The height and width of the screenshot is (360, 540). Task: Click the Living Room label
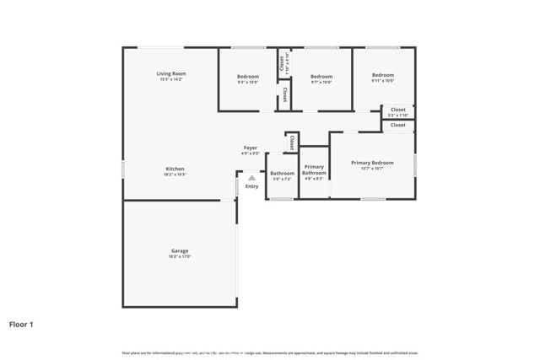point(170,74)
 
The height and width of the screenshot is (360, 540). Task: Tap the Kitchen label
point(175,169)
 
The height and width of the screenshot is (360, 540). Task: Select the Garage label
point(180,250)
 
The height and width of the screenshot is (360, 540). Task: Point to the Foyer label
point(251,148)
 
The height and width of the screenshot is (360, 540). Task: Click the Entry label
point(251,186)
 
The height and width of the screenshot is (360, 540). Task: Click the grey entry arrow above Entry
point(251,177)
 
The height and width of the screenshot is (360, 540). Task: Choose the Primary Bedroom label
point(371,162)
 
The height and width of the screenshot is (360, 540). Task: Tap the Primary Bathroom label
point(314,169)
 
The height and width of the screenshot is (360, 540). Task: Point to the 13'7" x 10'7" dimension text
point(371,169)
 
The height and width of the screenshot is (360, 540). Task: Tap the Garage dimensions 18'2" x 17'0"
point(180,256)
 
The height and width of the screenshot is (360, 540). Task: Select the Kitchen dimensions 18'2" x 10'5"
point(175,175)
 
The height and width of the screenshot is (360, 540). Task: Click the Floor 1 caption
point(21,324)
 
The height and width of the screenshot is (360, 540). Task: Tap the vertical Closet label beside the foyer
point(292,142)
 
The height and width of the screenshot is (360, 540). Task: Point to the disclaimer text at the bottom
point(269,352)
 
